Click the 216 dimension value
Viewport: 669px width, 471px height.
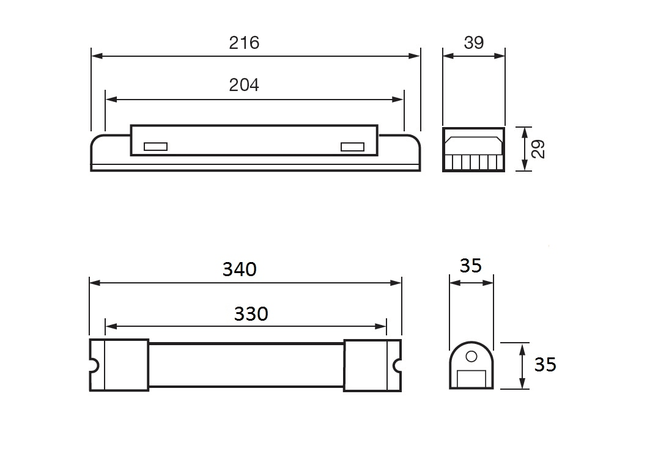(244, 43)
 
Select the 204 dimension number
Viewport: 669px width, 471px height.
(244, 85)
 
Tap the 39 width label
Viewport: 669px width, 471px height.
(473, 43)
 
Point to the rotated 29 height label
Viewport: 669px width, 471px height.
(539, 149)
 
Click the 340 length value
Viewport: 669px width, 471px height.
(239, 269)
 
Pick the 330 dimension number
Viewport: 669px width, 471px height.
(251, 314)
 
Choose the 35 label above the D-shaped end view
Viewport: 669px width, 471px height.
(471, 266)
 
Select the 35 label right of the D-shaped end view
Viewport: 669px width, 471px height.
(545, 365)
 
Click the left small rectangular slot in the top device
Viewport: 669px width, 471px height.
(156, 147)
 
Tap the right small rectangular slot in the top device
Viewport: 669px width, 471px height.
(352, 147)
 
